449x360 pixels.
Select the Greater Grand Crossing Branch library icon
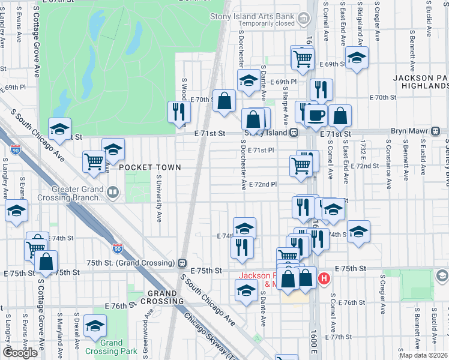pos(113,192)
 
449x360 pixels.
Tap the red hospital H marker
pos(324,278)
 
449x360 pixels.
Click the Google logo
pos(20,353)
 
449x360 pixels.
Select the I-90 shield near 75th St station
pos(118,247)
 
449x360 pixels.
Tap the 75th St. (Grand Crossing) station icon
pos(181,263)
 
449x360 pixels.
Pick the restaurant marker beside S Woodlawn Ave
pos(179,112)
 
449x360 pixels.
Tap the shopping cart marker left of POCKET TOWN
pos(94,161)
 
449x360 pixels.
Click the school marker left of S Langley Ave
pos(16,211)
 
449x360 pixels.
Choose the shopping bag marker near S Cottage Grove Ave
pos(46,262)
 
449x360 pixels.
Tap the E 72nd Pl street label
pos(263,185)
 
